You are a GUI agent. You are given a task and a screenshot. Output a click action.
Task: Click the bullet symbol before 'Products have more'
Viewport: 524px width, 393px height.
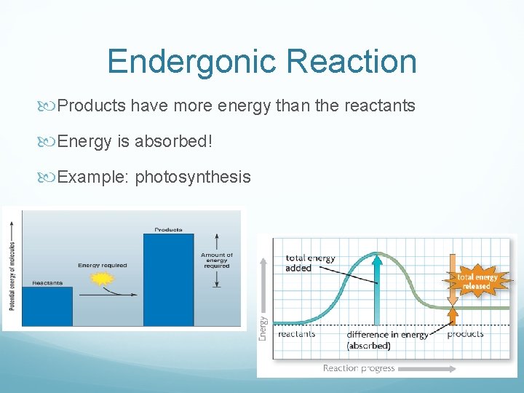[x=50, y=106]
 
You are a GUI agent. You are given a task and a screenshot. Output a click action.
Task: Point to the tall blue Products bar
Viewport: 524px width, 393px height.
[x=168, y=279]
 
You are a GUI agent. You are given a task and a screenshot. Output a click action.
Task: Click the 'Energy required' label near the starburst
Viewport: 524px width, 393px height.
[x=102, y=266]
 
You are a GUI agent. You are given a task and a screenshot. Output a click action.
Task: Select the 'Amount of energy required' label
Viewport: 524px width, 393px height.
[x=217, y=261]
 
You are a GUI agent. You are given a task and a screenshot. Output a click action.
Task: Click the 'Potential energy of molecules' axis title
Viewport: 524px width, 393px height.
[x=12, y=268]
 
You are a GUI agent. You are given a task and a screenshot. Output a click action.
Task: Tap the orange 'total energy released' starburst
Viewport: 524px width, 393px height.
[x=477, y=281]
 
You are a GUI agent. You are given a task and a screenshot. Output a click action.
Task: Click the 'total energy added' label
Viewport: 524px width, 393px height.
[x=310, y=263]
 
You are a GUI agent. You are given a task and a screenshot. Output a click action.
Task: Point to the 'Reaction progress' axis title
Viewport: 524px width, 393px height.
[x=359, y=368]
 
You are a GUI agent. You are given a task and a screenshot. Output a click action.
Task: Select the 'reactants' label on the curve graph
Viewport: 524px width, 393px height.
[x=296, y=334]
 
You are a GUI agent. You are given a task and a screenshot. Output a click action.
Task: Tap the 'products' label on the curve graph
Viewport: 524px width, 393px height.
[x=465, y=334]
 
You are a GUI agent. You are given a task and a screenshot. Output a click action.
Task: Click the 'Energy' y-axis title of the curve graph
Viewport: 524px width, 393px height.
[x=263, y=327]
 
